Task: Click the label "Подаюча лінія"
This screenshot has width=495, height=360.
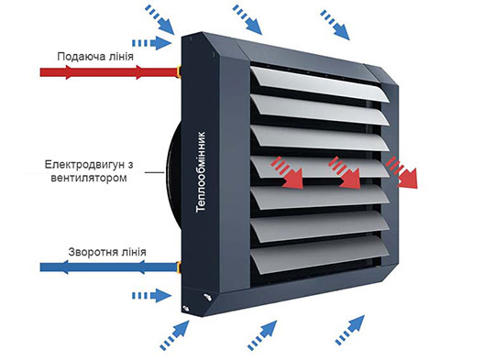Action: [94, 55]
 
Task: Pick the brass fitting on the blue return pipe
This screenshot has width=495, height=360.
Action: [177, 268]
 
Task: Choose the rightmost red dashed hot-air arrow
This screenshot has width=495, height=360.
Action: [401, 173]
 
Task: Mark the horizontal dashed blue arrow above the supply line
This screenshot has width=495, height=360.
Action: [152, 42]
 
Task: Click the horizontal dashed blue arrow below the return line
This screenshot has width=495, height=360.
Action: [152, 295]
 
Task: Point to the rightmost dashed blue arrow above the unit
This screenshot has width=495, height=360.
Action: [334, 25]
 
